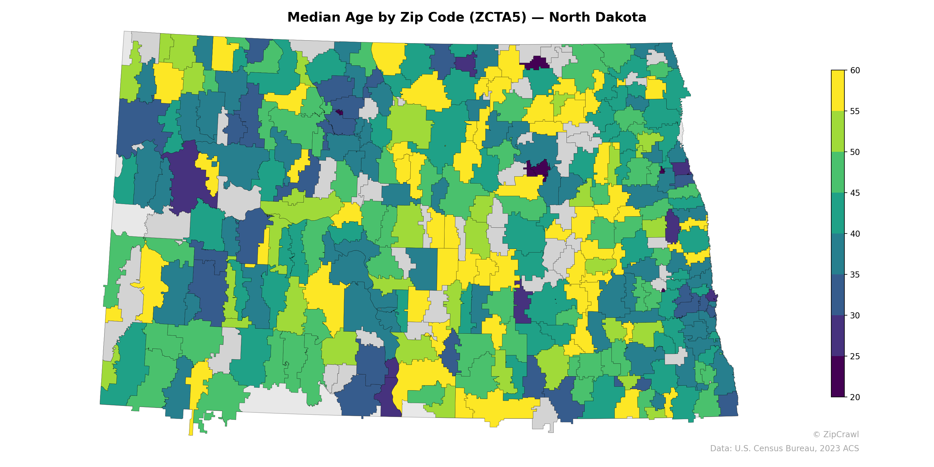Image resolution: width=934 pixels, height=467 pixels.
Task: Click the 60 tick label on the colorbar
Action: pyautogui.click(x=855, y=70)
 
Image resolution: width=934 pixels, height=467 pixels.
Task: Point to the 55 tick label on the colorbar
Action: pyautogui.click(x=855, y=111)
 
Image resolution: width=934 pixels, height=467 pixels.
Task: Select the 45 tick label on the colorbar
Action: pyautogui.click(x=855, y=193)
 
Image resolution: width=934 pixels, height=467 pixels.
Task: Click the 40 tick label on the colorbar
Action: pyautogui.click(x=855, y=234)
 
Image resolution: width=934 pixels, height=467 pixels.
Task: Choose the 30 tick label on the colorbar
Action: pyautogui.click(x=855, y=316)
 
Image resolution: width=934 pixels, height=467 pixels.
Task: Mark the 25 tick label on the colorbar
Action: pyautogui.click(x=855, y=356)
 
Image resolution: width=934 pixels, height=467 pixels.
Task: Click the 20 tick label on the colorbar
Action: pyautogui.click(x=855, y=397)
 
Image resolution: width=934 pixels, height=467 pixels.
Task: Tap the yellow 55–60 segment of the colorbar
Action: pyautogui.click(x=838, y=91)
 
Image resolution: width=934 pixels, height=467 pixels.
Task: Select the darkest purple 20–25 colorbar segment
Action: pyautogui.click(x=838, y=376)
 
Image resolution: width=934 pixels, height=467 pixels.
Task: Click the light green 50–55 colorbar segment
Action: pyautogui.click(x=838, y=131)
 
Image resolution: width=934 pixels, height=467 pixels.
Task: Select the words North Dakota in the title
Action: pyautogui.click(x=597, y=18)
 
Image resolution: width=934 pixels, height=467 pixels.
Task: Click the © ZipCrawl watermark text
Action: pyautogui.click(x=836, y=434)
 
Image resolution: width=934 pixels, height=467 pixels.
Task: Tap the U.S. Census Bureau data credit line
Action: pyautogui.click(x=784, y=449)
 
